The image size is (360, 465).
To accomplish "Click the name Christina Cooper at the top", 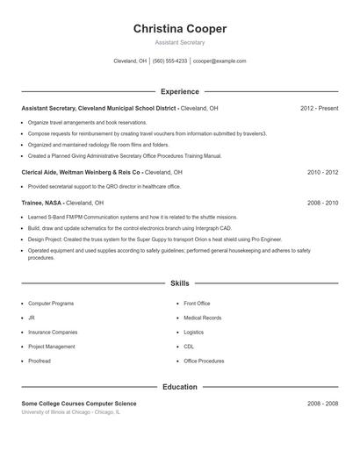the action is (180, 29).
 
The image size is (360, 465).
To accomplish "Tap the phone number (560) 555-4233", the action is (169, 61).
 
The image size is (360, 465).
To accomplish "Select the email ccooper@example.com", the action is (220, 61).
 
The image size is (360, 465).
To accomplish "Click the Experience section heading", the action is (180, 91).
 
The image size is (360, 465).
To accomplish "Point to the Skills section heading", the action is (180, 283).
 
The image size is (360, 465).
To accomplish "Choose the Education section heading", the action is (180, 386).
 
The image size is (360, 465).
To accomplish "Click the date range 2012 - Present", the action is (319, 108).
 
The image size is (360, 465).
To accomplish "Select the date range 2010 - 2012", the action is (322, 173).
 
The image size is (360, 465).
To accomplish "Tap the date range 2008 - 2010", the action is (322, 203).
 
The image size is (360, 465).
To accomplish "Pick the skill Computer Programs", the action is (51, 303).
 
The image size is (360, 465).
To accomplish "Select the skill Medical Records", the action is (202, 318).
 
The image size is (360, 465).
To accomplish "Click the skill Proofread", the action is (40, 361).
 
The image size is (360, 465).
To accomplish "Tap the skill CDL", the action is (189, 347).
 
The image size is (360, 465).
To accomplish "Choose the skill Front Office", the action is (197, 303).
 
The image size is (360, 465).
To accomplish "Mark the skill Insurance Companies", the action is (53, 333).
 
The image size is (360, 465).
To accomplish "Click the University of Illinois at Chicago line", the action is (71, 411).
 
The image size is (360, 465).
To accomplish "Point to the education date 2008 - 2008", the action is (322, 404).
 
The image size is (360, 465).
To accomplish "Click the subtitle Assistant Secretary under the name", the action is (180, 42).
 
